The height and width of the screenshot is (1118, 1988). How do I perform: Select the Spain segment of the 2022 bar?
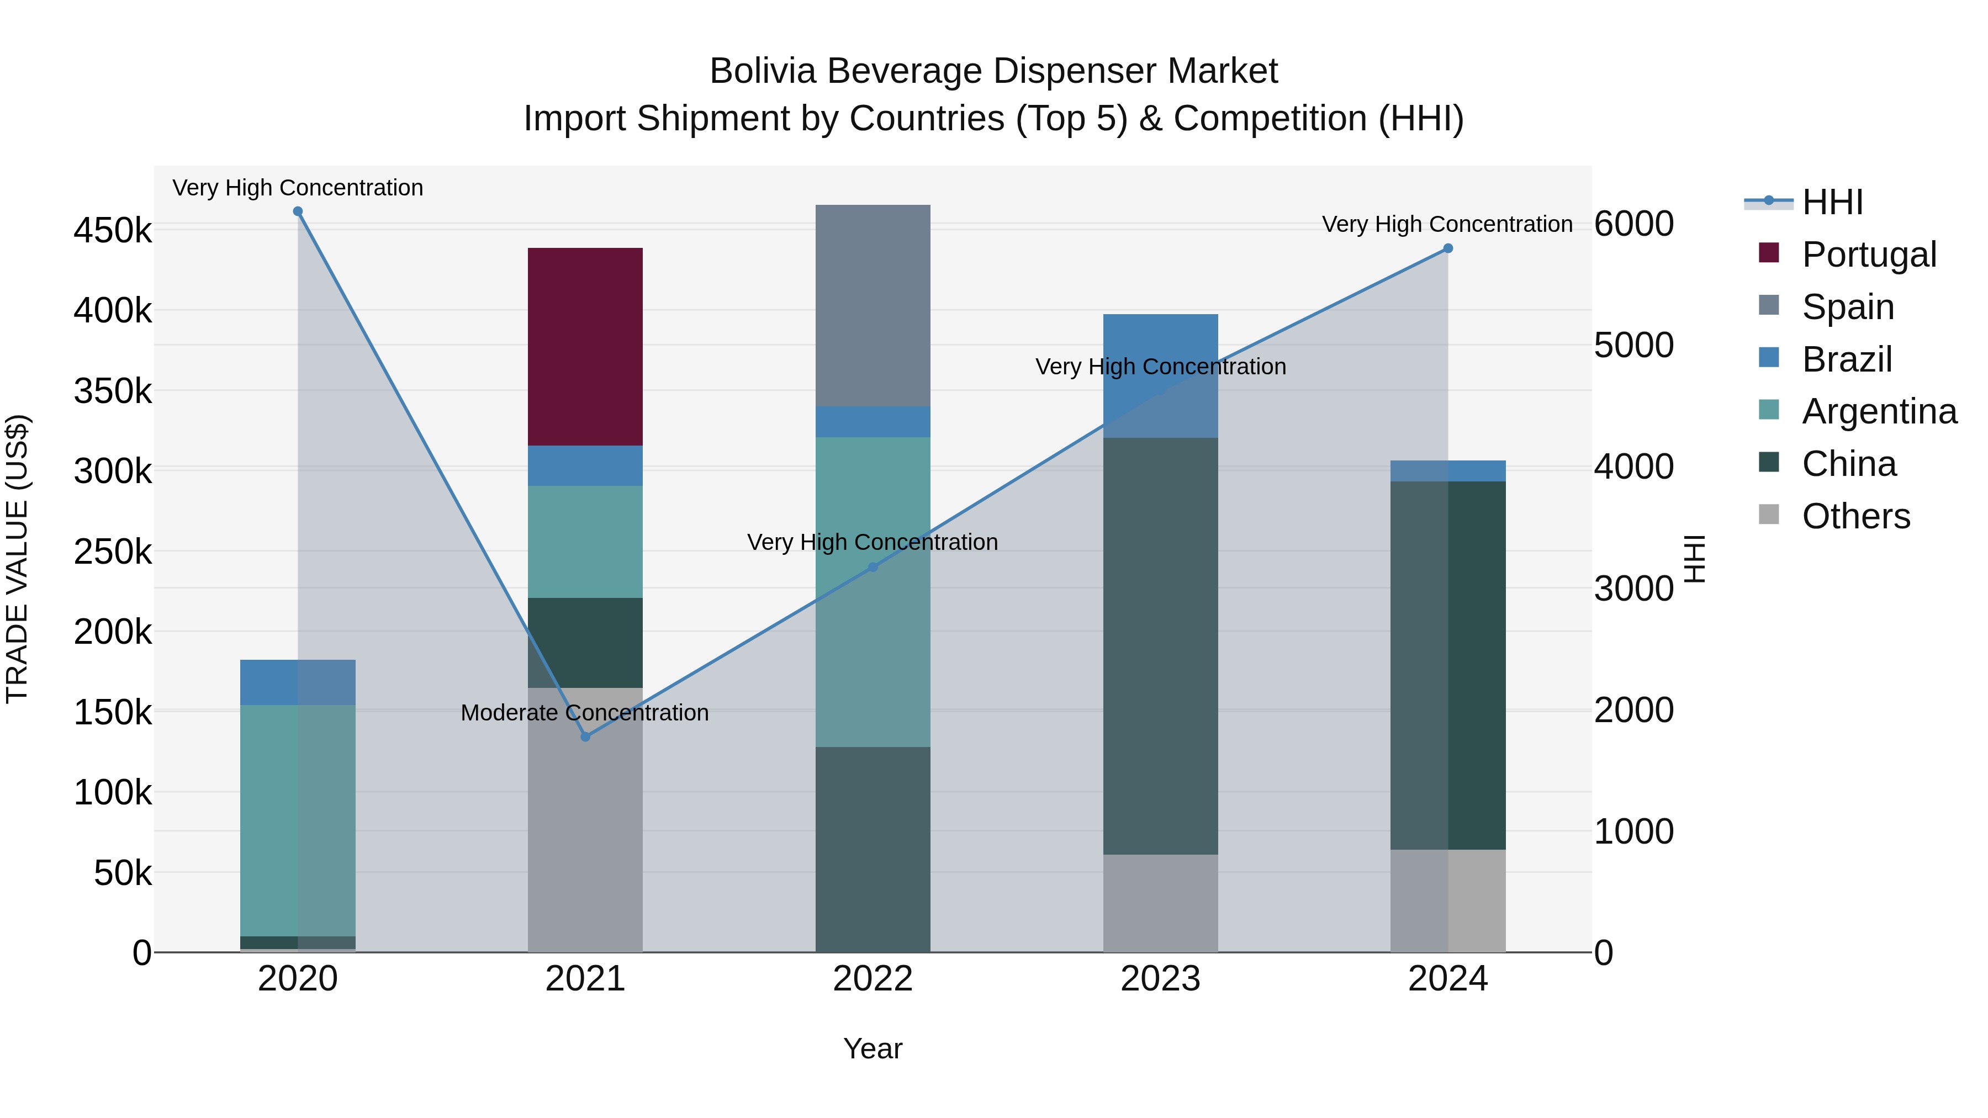click(873, 305)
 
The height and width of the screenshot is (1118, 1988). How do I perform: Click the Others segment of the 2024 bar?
click(1448, 900)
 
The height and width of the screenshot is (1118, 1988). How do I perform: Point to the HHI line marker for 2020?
click(298, 211)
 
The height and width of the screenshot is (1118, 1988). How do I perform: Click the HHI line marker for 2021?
click(585, 737)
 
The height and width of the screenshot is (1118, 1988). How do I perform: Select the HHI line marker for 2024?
click(1448, 248)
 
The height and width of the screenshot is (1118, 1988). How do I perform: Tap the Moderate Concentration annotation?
click(584, 712)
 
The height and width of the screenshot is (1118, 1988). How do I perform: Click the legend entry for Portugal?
click(1868, 255)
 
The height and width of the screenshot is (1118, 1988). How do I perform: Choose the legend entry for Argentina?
click(1879, 411)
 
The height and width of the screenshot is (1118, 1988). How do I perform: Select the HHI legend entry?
click(1832, 202)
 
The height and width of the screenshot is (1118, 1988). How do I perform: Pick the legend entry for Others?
click(1855, 516)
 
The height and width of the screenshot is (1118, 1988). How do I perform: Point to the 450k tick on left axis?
click(113, 231)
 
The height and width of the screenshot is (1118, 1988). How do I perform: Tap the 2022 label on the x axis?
click(873, 979)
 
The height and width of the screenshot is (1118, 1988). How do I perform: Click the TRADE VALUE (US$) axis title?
click(18, 559)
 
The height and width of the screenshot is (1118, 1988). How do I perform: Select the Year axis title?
click(873, 1048)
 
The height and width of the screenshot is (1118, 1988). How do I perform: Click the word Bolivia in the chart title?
click(763, 71)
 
